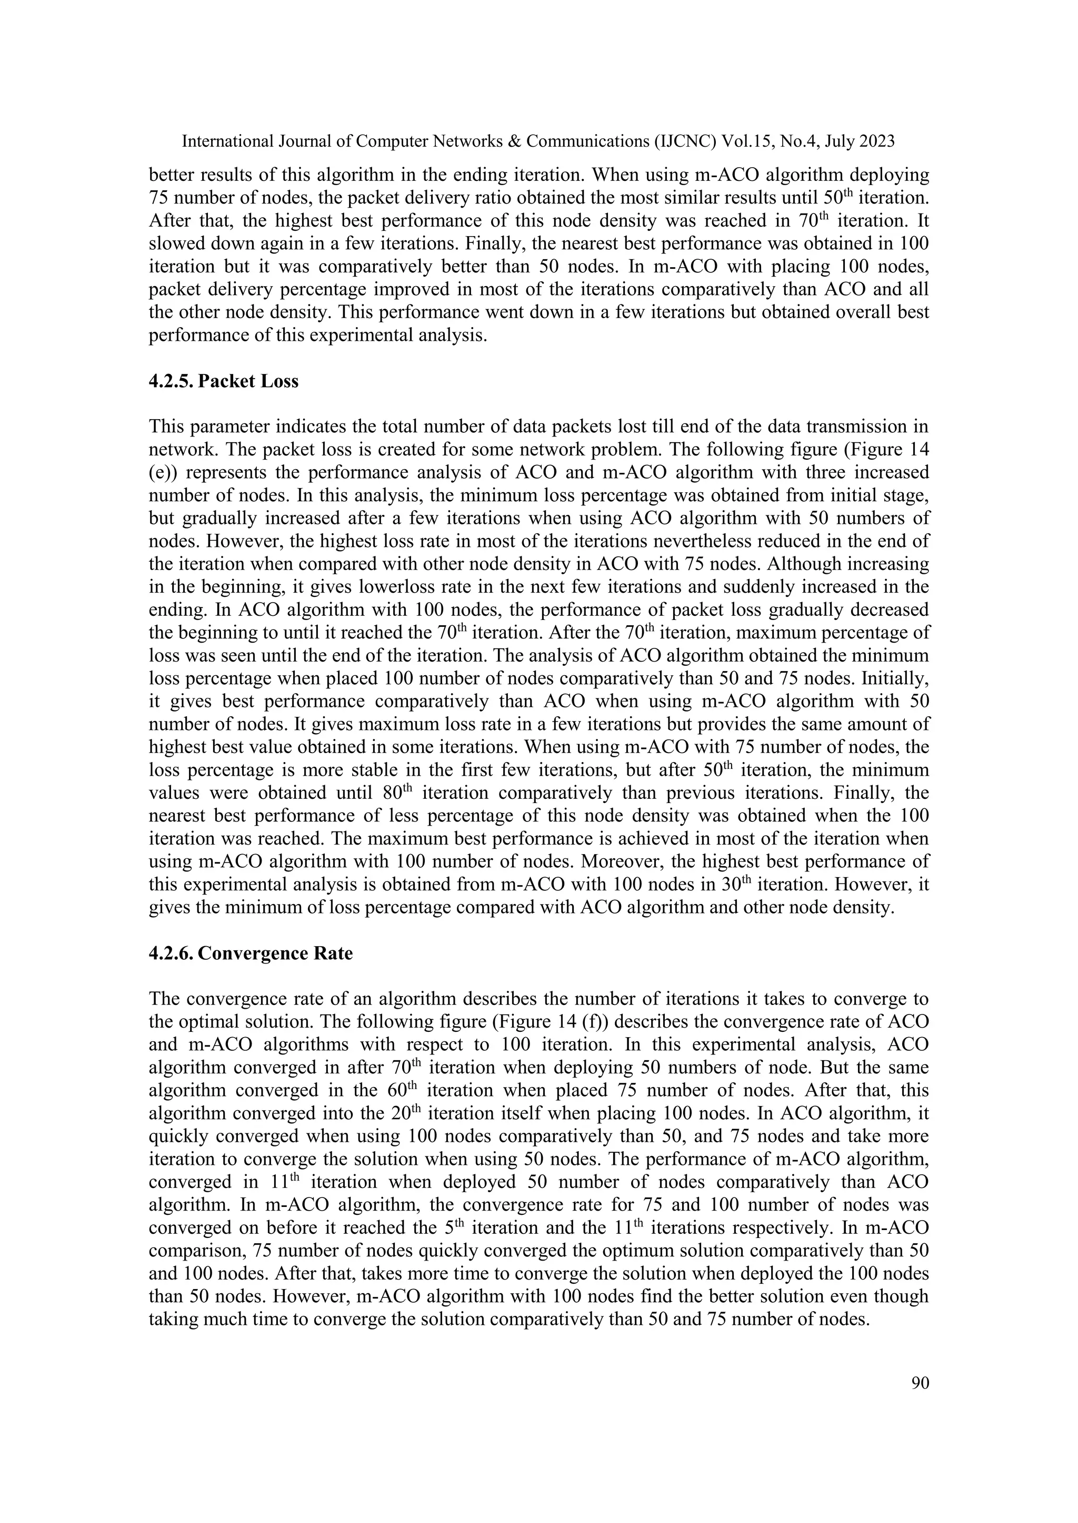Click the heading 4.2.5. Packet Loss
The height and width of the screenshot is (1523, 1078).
[224, 381]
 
